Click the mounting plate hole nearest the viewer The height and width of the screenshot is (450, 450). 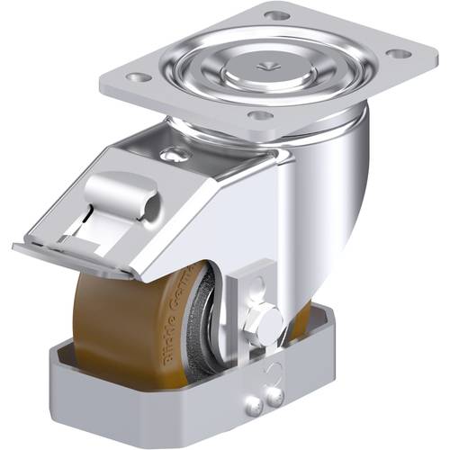[x=259, y=115]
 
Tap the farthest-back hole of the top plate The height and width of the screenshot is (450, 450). [x=276, y=15]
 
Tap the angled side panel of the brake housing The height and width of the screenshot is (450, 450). [x=216, y=225]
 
